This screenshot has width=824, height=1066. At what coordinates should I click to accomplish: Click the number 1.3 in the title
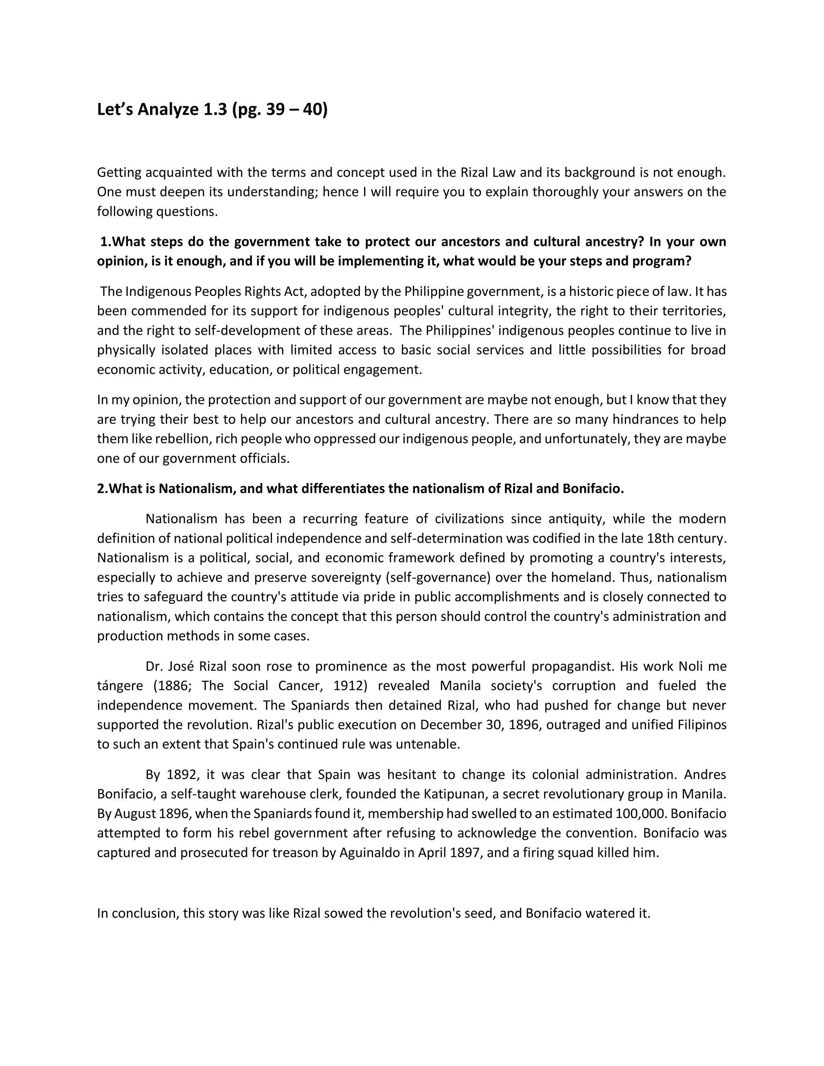pos(215,110)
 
